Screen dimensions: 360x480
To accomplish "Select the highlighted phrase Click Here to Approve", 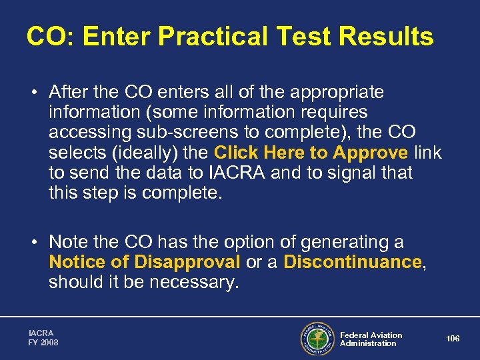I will click(x=311, y=153).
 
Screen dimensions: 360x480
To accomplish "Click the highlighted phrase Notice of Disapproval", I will click(x=145, y=262).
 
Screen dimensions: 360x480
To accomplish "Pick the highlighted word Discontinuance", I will click(x=353, y=262).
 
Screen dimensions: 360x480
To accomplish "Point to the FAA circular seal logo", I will click(x=317, y=339).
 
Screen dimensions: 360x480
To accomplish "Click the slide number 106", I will click(x=453, y=339).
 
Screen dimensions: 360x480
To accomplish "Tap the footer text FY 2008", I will click(x=43, y=343).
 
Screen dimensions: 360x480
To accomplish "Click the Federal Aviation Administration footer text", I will click(x=371, y=339).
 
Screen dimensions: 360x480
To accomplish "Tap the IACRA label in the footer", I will click(x=41, y=333).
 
